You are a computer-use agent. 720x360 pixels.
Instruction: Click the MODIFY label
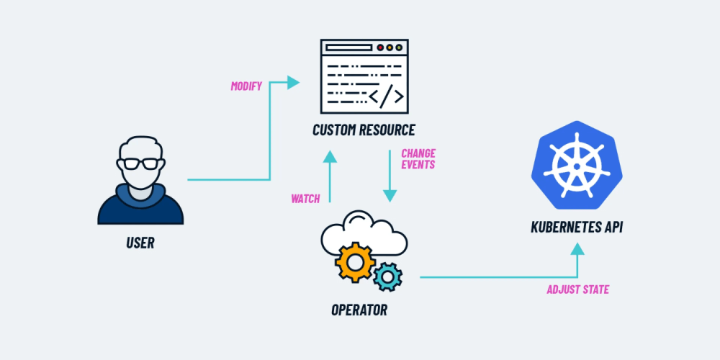pyautogui.click(x=246, y=86)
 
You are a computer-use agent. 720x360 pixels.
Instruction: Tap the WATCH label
pyautogui.click(x=305, y=199)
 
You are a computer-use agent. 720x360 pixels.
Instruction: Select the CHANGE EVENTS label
pyautogui.click(x=418, y=159)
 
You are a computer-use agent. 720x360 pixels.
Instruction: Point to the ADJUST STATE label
pyautogui.click(x=577, y=289)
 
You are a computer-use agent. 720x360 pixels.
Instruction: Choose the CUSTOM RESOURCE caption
pyautogui.click(x=364, y=130)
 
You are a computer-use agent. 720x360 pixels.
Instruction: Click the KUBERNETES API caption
pyautogui.click(x=577, y=228)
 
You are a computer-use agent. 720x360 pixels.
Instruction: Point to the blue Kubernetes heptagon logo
pyautogui.click(x=577, y=163)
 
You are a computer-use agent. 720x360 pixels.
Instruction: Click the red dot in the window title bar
pyautogui.click(x=380, y=48)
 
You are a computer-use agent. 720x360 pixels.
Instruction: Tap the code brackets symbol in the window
pyautogui.click(x=387, y=96)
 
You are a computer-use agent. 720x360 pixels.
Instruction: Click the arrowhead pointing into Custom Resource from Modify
pyautogui.click(x=293, y=83)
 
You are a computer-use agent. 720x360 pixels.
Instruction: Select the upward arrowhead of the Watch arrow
pyautogui.click(x=330, y=156)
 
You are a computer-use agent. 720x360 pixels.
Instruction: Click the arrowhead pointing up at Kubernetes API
pyautogui.click(x=577, y=249)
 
